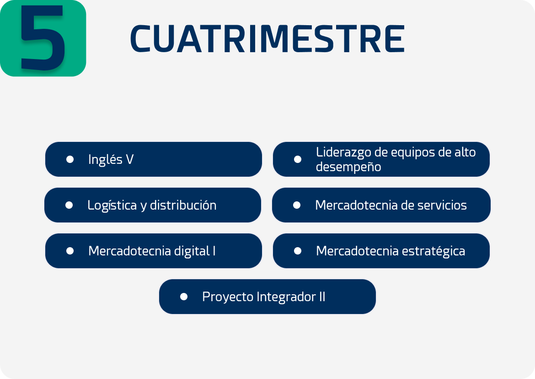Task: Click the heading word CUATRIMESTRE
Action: click(267, 39)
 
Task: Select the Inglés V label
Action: click(111, 159)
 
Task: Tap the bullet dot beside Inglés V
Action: click(70, 159)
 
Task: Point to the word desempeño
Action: click(348, 167)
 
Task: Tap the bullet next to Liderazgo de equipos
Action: click(298, 159)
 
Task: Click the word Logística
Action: click(112, 206)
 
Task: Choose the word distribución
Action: click(183, 205)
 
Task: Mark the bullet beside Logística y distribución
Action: click(69, 205)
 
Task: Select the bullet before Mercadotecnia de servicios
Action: click(297, 205)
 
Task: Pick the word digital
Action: click(192, 251)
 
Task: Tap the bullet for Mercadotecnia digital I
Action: click(70, 251)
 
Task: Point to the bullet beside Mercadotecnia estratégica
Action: click(298, 251)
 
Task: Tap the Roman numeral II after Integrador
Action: click(322, 297)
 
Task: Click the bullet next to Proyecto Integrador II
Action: click(184, 297)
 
